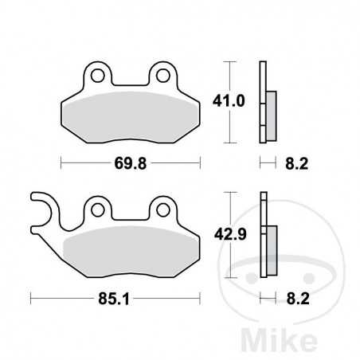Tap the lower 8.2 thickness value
click(x=295, y=299)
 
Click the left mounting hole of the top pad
click(x=99, y=76)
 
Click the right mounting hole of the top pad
click(x=163, y=76)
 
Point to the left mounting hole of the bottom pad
click(x=99, y=209)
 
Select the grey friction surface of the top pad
click(x=131, y=115)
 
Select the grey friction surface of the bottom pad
click(x=131, y=249)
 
